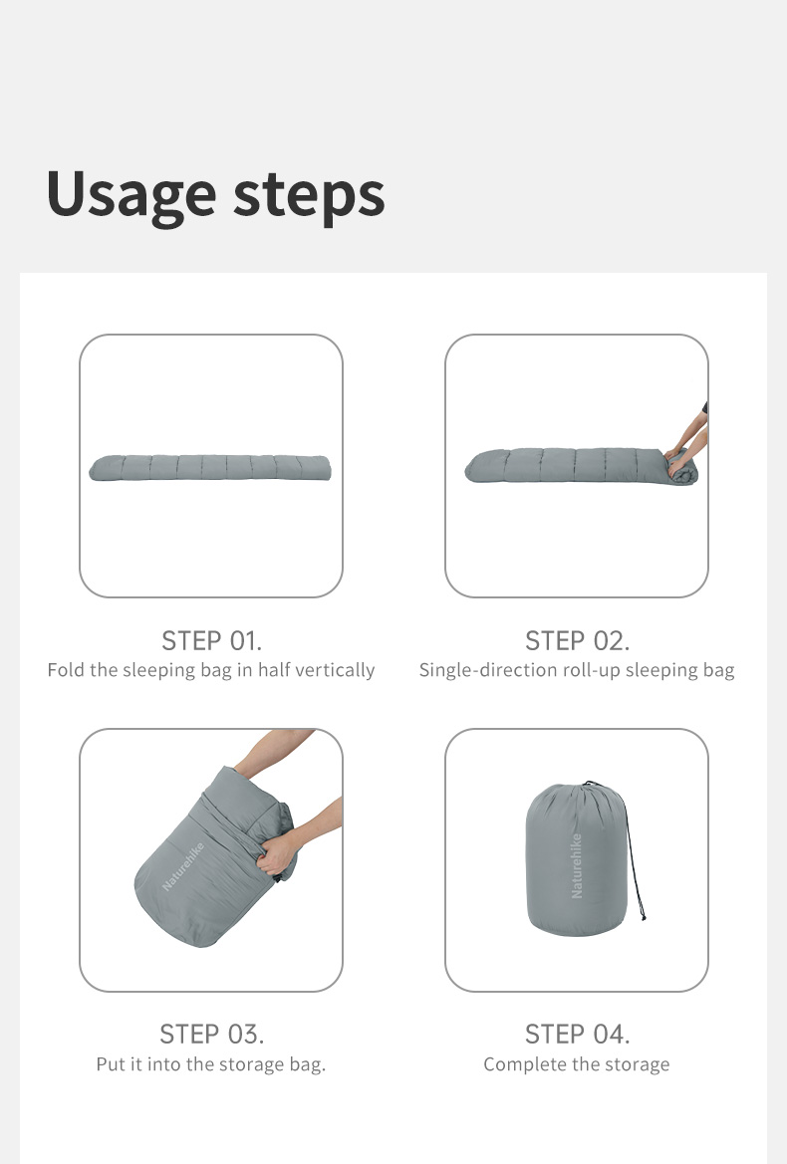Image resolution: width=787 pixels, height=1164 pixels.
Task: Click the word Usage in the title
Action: click(x=131, y=194)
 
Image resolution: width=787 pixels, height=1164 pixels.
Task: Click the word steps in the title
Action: click(x=310, y=195)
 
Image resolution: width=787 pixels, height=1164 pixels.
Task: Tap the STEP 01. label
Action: click(x=211, y=640)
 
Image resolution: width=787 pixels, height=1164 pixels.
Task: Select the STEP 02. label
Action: click(x=577, y=640)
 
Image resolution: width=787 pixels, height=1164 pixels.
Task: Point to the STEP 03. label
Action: click(x=211, y=1034)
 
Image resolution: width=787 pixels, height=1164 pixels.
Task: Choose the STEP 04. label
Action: click(x=577, y=1034)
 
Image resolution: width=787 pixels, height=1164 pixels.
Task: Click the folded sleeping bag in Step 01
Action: click(x=210, y=468)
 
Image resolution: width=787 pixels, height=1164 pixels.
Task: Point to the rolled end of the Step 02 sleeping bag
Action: click(x=682, y=468)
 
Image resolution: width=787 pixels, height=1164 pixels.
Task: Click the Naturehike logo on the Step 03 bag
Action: click(x=183, y=865)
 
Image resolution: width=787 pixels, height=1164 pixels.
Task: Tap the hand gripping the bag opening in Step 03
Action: click(x=277, y=852)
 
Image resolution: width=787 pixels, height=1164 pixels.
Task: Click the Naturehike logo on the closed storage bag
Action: click(x=577, y=865)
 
